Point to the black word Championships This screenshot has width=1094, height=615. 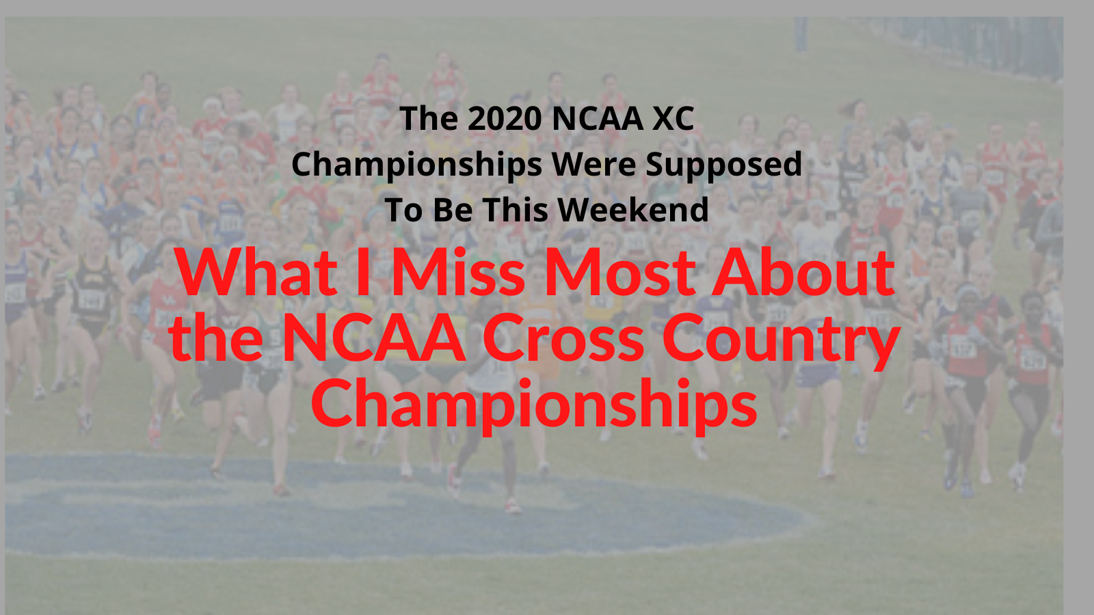416,165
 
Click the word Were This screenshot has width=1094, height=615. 594,165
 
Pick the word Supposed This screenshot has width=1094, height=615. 724,165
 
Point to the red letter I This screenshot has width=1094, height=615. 363,272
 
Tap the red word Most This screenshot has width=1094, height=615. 619,272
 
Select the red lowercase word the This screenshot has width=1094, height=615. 217,337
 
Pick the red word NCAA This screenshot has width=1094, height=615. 373,338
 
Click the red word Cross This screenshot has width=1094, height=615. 563,338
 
